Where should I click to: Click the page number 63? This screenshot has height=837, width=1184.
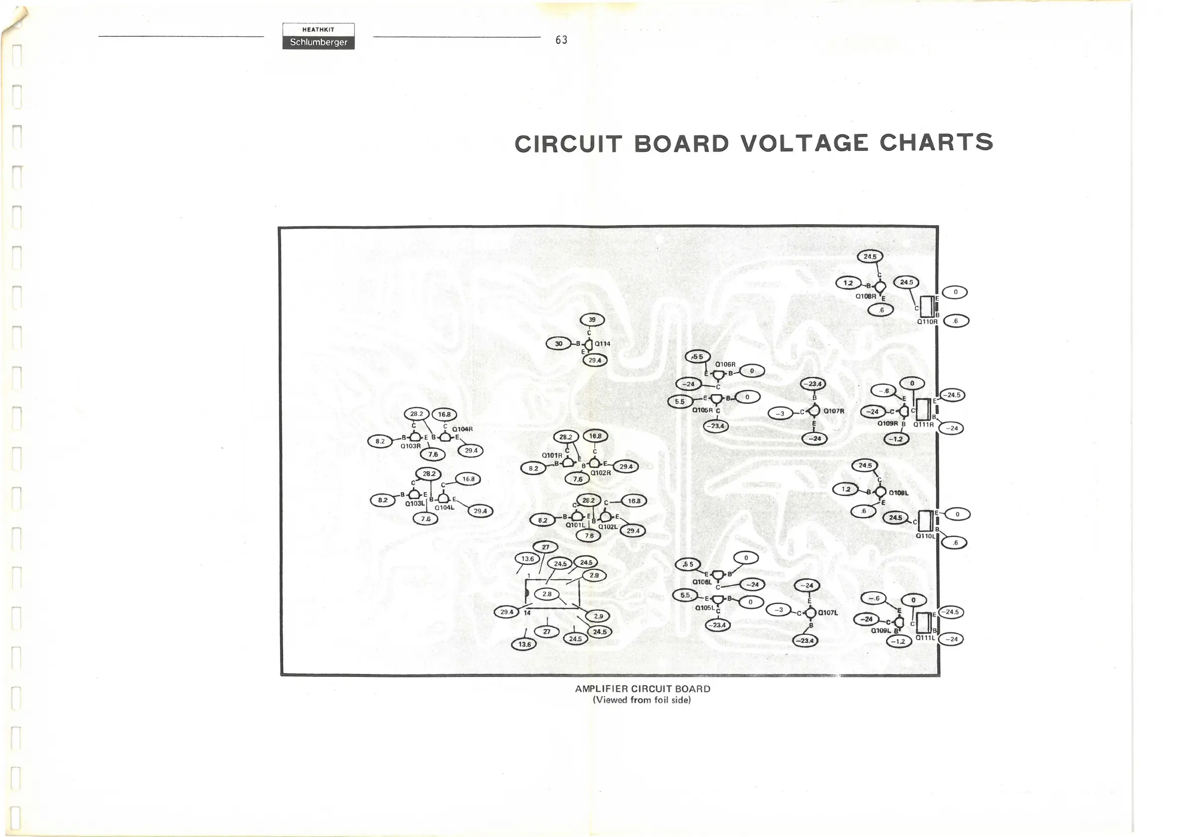(x=561, y=40)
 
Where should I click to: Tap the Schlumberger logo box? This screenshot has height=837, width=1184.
(x=318, y=42)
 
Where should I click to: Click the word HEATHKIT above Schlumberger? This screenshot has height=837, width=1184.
(x=318, y=29)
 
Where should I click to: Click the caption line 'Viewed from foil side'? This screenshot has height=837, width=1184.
(x=642, y=700)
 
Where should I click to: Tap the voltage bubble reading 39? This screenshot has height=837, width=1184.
(x=592, y=320)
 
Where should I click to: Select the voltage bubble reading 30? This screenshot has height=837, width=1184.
(x=559, y=343)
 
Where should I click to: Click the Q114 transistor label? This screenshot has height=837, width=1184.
(x=602, y=344)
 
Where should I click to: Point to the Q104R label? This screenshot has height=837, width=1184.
(x=462, y=429)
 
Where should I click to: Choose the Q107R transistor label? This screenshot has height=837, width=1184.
(x=833, y=411)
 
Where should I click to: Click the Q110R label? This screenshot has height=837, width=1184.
(x=927, y=322)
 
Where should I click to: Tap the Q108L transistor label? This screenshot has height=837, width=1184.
(x=898, y=493)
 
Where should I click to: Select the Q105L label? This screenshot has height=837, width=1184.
(x=705, y=608)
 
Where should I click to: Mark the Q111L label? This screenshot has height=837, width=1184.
(x=925, y=637)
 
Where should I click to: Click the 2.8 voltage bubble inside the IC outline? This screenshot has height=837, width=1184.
(x=547, y=594)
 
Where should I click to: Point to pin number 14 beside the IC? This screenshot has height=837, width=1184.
(x=527, y=613)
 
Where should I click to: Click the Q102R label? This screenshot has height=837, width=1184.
(x=600, y=472)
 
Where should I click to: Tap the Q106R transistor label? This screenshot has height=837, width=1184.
(x=725, y=365)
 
